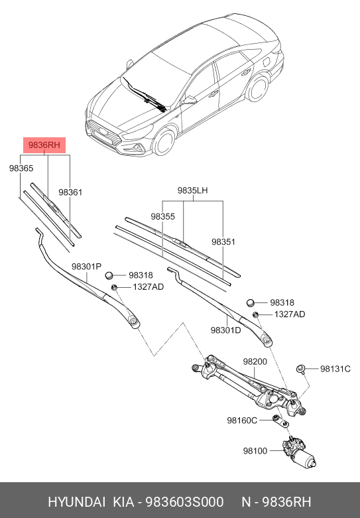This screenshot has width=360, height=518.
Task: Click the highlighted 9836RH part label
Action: (x=46, y=143)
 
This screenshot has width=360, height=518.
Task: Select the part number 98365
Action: (x=21, y=168)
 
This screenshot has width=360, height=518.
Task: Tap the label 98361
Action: (x=70, y=192)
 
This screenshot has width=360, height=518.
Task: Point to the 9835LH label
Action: (x=192, y=190)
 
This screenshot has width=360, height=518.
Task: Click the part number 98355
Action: (x=162, y=216)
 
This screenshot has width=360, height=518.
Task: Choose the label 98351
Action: (x=223, y=242)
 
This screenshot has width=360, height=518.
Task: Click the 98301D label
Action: (x=225, y=330)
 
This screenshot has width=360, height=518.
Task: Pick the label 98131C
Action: (x=335, y=369)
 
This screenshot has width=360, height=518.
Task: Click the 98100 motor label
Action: (x=255, y=451)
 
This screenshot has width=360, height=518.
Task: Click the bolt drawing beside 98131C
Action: (x=300, y=368)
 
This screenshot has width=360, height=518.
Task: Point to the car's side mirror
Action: (x=191, y=100)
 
